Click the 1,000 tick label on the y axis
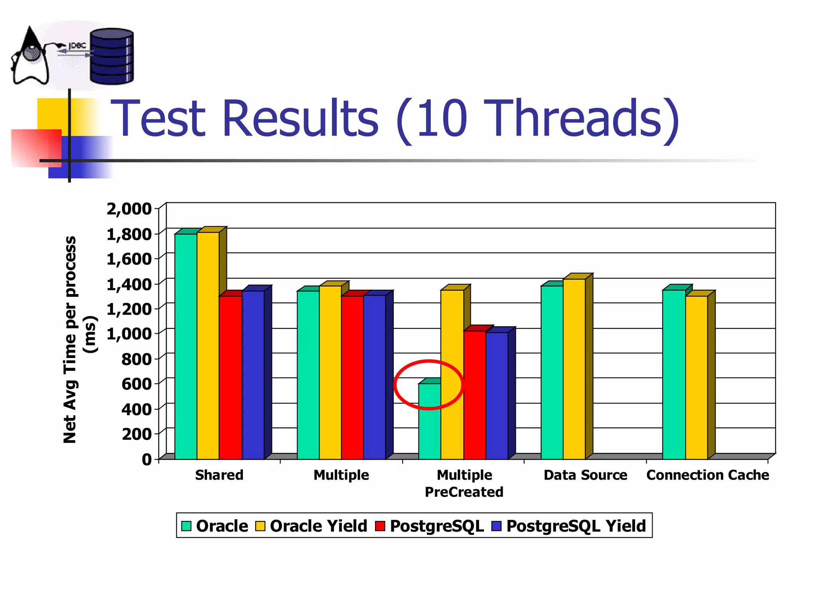coord(129,334)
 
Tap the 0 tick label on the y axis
coord(147,459)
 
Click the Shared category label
coord(219,475)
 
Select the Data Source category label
coord(585,475)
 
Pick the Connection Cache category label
coord(708,475)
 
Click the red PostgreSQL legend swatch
coord(380,526)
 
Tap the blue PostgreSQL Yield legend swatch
coord(496,526)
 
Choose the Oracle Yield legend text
coord(318,526)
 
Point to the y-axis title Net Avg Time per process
coord(70,340)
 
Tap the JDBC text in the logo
coord(77,46)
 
